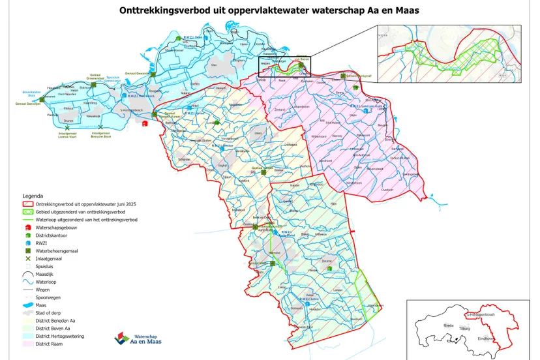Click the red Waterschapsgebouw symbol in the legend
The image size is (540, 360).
[29, 228]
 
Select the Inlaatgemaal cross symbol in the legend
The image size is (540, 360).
[29, 258]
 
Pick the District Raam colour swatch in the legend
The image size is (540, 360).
[29, 344]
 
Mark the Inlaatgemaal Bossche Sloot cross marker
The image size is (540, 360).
[100, 127]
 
